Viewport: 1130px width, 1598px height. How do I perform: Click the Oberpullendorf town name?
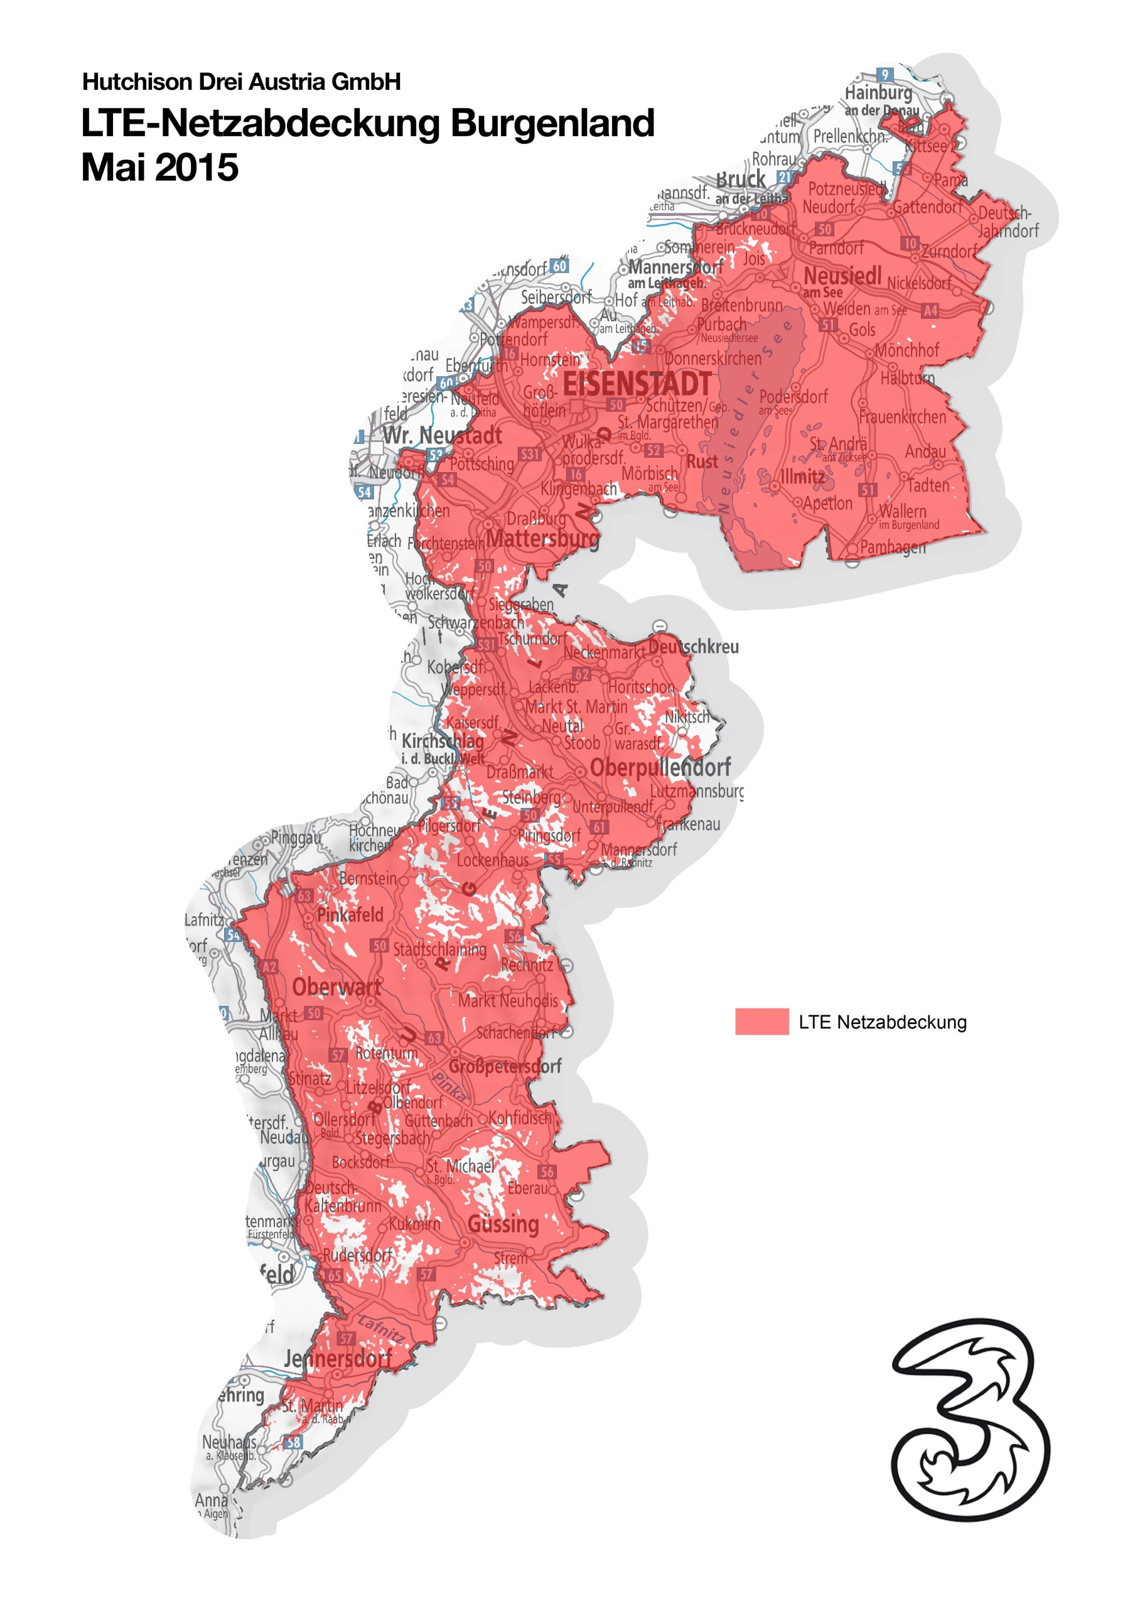click(660, 767)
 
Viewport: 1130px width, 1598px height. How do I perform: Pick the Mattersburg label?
click(541, 538)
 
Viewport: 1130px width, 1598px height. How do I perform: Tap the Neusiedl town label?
click(842, 276)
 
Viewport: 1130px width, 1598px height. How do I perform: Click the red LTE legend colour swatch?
click(761, 1021)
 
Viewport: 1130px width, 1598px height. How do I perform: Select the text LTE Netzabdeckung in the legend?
click(882, 1022)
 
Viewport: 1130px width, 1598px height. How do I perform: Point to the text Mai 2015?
click(159, 168)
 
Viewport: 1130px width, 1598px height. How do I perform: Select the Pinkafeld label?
click(350, 915)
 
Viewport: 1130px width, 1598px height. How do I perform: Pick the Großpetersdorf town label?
click(505, 1066)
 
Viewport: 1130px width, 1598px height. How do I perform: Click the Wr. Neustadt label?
click(442, 436)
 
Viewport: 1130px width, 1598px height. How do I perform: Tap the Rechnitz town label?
click(527, 964)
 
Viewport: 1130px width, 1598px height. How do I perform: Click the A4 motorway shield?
click(930, 310)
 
